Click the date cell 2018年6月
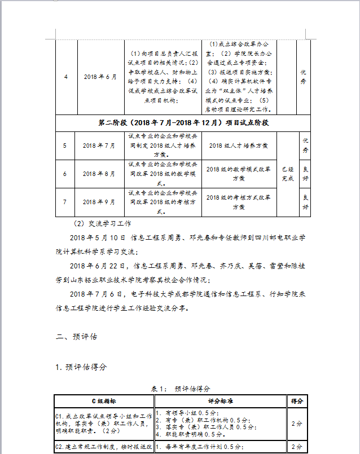pyautogui.click(x=99, y=77)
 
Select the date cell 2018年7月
pyautogui.click(x=99, y=146)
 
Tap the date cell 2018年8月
pyautogui.click(x=99, y=174)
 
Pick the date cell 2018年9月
pyautogui.click(x=99, y=202)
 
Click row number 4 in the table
pyautogui.click(x=65, y=77)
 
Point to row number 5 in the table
pyautogui.click(x=65, y=146)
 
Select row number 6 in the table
pyautogui.click(x=65, y=174)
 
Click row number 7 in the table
pyautogui.click(x=65, y=202)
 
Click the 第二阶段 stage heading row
pyautogui.click(x=183, y=122)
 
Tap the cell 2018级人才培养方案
pyautogui.click(x=239, y=146)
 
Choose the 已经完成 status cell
pyautogui.click(x=288, y=174)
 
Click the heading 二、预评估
pyautogui.click(x=77, y=337)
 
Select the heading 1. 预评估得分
pyautogui.click(x=81, y=367)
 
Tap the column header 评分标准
pyautogui.click(x=221, y=401)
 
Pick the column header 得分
pyautogui.click(x=297, y=401)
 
